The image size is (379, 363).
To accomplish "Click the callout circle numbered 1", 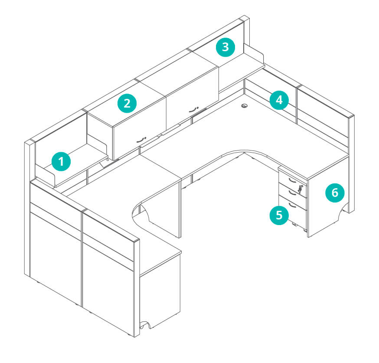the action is [x=61, y=161].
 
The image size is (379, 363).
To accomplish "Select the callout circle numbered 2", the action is [x=127, y=103].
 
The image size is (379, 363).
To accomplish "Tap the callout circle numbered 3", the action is [x=225, y=47].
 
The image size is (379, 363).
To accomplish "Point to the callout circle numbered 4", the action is [x=279, y=100].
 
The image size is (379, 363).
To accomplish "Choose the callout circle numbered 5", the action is [x=279, y=215].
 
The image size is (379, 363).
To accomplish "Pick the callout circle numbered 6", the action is [x=335, y=193].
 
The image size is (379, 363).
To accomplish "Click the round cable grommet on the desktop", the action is [x=245, y=106].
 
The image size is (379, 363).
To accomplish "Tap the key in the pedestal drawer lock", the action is [x=301, y=189].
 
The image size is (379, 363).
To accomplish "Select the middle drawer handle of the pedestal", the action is [x=292, y=193].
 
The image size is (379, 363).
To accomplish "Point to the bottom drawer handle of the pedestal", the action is [x=292, y=205].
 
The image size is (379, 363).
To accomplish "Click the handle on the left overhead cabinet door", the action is [x=141, y=140].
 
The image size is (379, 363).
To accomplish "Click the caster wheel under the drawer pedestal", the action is [x=294, y=225].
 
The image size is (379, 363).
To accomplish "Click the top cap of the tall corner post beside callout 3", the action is [x=245, y=19].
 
